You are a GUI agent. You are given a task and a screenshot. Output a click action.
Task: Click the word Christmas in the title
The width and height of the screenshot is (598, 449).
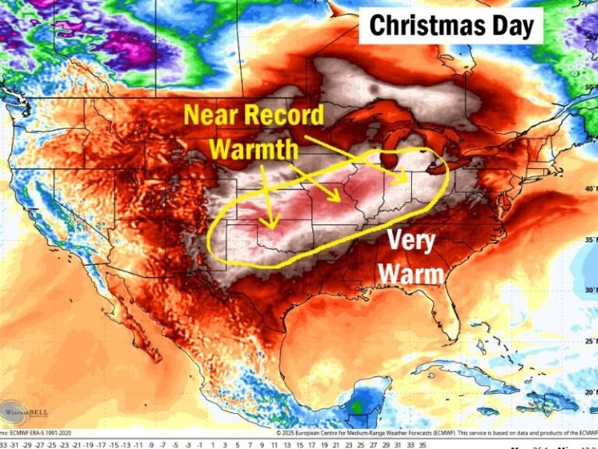coord(425,25)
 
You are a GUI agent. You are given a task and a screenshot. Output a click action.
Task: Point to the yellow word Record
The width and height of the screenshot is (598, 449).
coord(284,116)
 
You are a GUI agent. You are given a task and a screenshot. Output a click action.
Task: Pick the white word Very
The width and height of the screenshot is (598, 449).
coord(411,240)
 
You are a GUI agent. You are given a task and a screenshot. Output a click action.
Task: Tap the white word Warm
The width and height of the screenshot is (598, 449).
coord(413,274)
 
